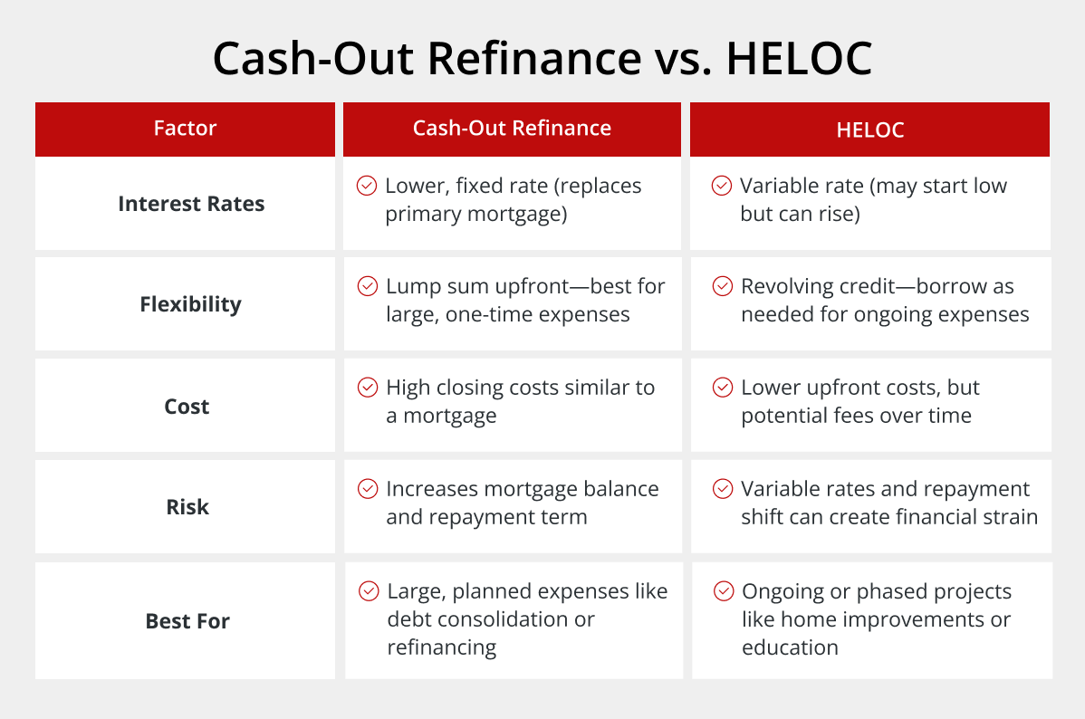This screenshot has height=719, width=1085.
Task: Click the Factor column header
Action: tap(185, 128)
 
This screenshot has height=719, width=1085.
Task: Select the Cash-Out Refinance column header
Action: tap(512, 128)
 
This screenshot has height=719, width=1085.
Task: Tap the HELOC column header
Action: tap(869, 129)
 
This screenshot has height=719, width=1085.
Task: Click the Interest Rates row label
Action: tap(191, 204)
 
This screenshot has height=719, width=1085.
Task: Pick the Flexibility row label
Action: tap(190, 304)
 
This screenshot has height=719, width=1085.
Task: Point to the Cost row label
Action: tap(187, 407)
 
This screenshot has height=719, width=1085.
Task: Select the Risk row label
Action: tap(187, 506)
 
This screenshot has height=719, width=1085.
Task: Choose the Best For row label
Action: tap(187, 620)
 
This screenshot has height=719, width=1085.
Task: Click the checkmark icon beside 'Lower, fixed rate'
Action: tap(367, 186)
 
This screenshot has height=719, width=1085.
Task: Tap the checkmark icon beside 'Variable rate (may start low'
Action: tap(722, 186)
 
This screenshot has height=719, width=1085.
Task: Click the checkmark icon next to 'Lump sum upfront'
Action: tap(368, 286)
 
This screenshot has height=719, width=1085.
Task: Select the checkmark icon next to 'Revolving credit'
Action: tap(723, 286)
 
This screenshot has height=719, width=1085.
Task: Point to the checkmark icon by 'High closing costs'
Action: tap(368, 387)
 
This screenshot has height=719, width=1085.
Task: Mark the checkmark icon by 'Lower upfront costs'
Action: tap(723, 387)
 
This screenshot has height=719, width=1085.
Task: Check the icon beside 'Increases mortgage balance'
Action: tap(368, 489)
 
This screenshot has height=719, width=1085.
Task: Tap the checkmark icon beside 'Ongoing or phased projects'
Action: tap(724, 591)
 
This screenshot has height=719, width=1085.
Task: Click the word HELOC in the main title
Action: tap(799, 58)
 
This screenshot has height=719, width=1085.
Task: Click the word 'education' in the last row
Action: tap(791, 647)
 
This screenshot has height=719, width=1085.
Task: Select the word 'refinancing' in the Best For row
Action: tap(441, 647)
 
